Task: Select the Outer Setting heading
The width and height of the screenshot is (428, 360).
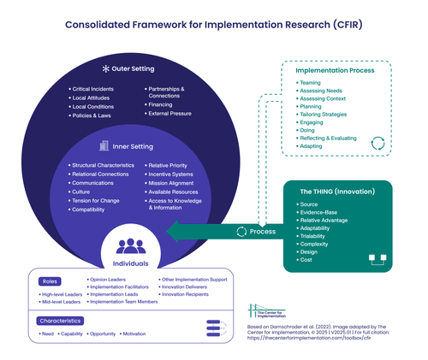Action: (x=131, y=68)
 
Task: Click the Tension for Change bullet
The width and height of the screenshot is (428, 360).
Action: (x=96, y=200)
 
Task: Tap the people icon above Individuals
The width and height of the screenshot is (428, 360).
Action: (x=131, y=246)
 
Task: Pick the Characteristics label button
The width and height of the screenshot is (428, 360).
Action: (x=60, y=322)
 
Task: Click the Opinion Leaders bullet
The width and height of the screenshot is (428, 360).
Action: (x=113, y=280)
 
